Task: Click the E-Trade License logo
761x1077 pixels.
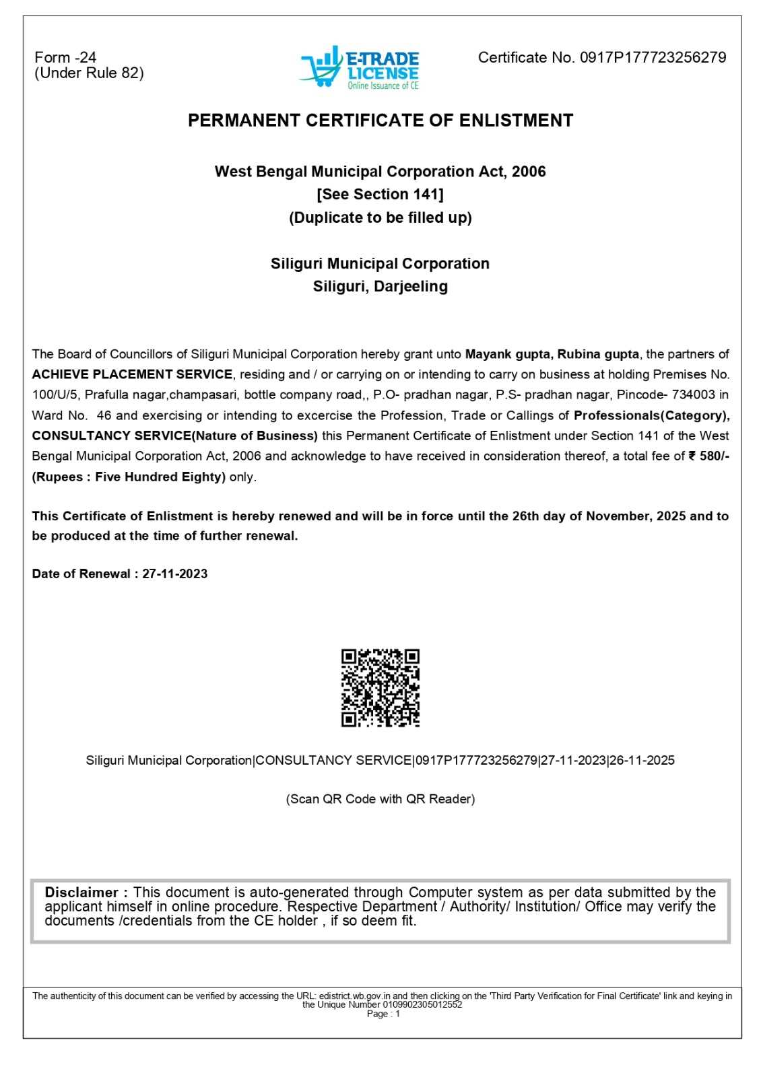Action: pos(360,67)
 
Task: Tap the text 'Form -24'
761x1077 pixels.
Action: pos(65,58)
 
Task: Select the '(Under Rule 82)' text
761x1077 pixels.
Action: pos(89,73)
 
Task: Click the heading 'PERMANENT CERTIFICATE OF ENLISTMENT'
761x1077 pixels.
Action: pos(380,120)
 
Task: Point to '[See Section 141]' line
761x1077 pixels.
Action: pos(380,195)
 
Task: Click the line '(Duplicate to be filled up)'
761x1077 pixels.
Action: pos(380,217)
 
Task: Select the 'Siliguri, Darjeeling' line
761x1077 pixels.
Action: pos(380,286)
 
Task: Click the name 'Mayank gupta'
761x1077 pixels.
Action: pos(508,354)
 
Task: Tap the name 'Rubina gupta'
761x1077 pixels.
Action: pos(599,354)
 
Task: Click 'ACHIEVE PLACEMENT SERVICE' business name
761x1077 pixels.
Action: pos(132,374)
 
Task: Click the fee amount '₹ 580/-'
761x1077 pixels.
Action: pos(708,456)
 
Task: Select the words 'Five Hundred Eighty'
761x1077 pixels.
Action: pos(160,477)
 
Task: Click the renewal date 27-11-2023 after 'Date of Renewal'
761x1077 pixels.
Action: pos(175,574)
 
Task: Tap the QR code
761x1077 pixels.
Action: pos(380,688)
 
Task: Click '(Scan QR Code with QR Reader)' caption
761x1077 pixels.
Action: pos(380,799)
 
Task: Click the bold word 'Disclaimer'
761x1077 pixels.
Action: pos(81,893)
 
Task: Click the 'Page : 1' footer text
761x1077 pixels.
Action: pos(383,1014)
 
